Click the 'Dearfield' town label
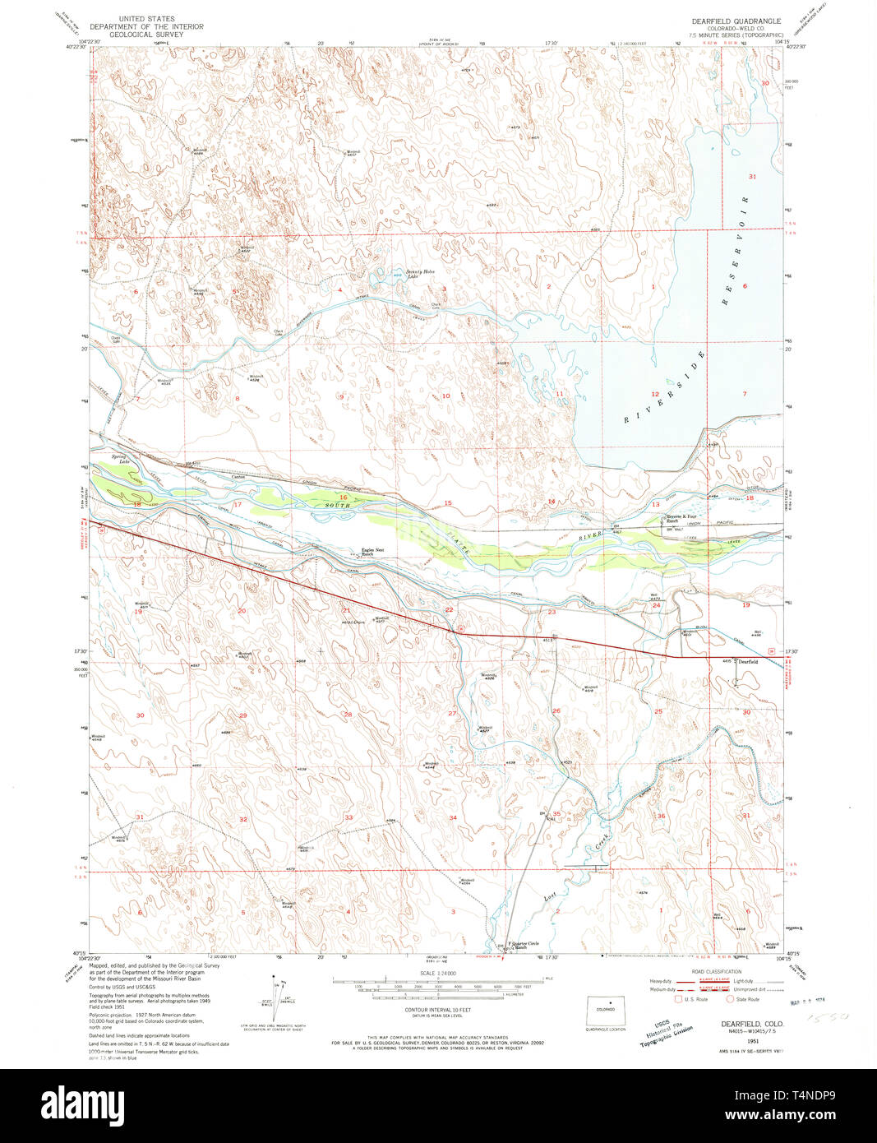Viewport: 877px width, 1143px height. [747, 661]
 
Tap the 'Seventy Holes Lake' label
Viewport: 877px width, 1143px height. [419, 274]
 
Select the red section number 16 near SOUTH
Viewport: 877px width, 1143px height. [343, 497]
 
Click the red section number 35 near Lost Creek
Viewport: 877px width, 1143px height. [556, 814]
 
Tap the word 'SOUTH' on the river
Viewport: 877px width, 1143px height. [336, 505]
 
